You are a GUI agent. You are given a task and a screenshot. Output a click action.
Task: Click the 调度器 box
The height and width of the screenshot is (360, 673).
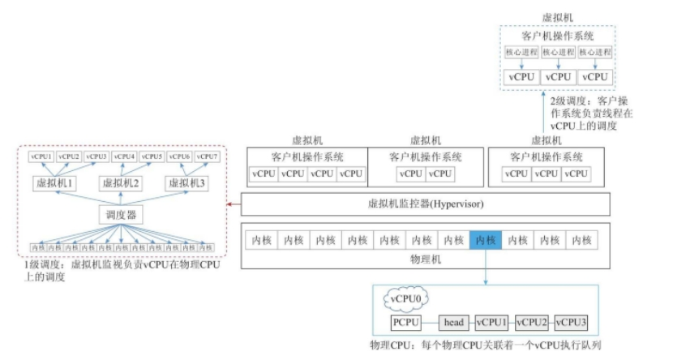pos(120,215)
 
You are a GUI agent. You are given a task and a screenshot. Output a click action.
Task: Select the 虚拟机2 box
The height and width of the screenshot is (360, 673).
pos(120,183)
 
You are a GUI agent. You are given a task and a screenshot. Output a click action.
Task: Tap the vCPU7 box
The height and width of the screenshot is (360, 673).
pos(208,156)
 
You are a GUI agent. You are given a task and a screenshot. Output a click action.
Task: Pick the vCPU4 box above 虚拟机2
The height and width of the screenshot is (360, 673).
pos(124,156)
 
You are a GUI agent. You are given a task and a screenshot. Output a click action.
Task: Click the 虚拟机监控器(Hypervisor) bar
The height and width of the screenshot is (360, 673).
pos(426,204)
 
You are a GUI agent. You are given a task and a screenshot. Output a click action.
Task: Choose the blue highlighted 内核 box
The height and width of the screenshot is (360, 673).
pos(485,240)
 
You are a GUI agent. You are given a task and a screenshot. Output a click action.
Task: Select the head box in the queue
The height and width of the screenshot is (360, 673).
pos(454,323)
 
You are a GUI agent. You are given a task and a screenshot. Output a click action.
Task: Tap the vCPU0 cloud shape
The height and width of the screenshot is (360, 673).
pos(405,299)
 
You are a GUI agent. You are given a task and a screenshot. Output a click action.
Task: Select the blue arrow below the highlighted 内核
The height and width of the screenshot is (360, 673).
pos(485,267)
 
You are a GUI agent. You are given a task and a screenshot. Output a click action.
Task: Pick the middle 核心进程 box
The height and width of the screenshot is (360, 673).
pos(558,53)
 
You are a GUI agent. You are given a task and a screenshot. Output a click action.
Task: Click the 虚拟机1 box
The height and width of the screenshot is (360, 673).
pos(54,183)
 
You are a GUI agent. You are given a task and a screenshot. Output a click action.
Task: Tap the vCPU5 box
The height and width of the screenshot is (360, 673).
pos(152,156)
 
